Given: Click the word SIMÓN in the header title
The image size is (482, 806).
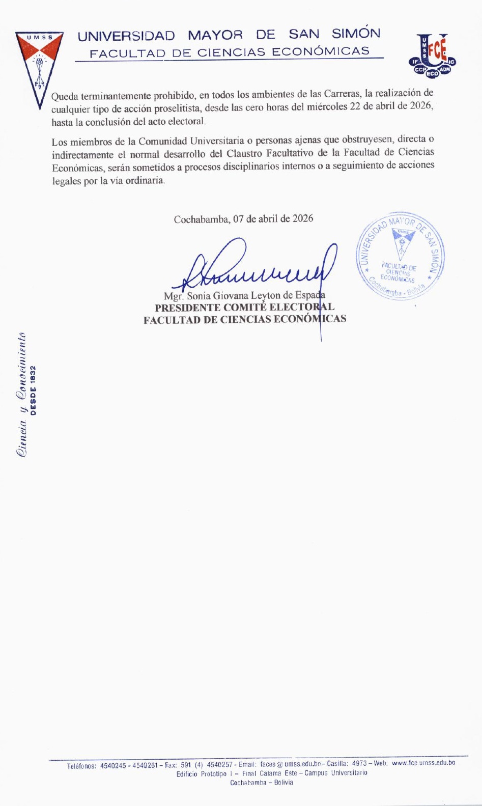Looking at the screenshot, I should coord(356,34).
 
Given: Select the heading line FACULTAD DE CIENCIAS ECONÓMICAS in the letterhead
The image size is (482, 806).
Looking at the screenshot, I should coord(229,52).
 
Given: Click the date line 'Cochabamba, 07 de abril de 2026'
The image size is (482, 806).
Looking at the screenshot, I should coord(243,219).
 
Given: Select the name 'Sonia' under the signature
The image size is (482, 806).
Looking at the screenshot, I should coord(199,296).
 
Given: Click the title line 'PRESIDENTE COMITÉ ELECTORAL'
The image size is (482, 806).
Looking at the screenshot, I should coord(244,308).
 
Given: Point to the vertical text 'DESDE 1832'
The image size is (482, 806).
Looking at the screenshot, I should coord(34,390).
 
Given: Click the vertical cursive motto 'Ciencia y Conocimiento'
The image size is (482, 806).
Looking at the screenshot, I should coord(22,395).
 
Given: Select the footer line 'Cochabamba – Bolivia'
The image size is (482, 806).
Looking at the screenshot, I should coord(262,783).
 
